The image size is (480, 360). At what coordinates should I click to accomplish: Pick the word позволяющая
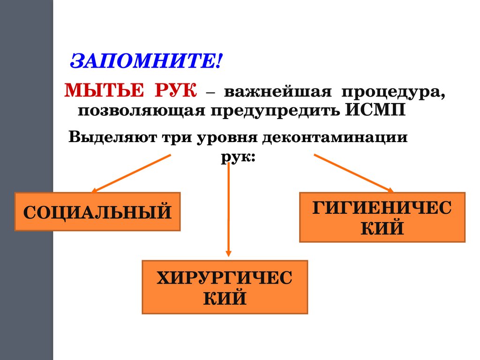pyautogui.click(x=141, y=111)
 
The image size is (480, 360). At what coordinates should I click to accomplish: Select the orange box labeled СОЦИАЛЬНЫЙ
pyautogui.click(x=97, y=211)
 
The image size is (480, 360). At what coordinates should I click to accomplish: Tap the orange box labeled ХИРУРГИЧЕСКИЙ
pyautogui.click(x=225, y=287)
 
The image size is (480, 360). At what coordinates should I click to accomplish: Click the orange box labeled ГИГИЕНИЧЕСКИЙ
pyautogui.click(x=382, y=217)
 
